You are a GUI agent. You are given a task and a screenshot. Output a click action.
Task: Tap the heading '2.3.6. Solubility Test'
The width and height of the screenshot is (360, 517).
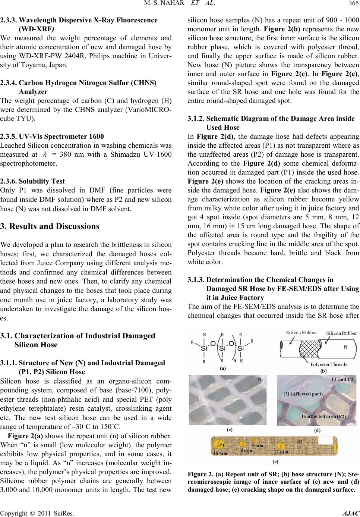[32, 181]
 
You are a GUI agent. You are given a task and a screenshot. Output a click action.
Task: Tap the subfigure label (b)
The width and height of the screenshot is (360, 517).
[323, 372]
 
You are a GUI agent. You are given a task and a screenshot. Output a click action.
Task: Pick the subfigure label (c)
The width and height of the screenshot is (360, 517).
[230, 429]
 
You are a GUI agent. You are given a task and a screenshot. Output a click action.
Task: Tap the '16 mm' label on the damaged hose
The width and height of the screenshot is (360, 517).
[221, 452]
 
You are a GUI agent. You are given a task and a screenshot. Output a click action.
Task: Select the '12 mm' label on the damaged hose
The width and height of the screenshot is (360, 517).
[281, 452]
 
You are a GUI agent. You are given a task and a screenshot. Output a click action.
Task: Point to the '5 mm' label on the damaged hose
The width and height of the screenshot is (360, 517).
[258, 445]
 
